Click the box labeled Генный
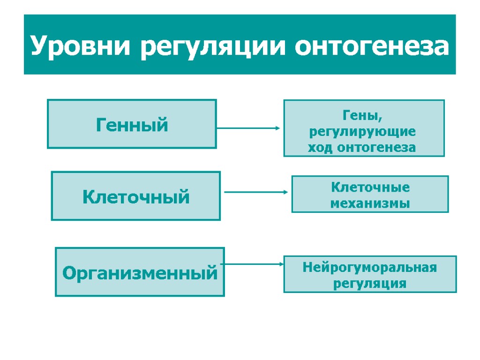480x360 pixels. (132, 124)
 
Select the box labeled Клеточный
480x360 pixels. (135, 196)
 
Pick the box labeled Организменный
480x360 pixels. (140, 272)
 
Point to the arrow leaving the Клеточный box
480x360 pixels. (255, 192)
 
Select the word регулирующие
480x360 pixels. (362, 132)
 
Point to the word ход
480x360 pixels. (320, 148)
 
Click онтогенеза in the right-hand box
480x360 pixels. (376, 148)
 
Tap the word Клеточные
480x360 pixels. (370, 187)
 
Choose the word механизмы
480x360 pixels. (370, 203)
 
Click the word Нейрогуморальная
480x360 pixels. (370, 268)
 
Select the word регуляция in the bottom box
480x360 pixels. (370, 284)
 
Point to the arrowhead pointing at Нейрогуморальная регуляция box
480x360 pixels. (282, 264)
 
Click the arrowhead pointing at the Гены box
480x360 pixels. (278, 127)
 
